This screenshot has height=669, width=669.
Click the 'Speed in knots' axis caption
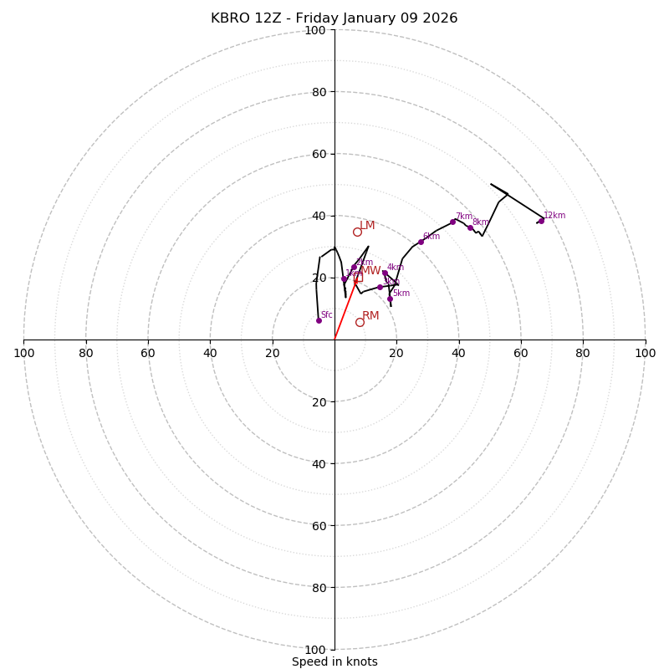tap(334, 661)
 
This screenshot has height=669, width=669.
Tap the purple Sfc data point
tap(319, 320)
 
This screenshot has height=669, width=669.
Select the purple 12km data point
tap(541, 221)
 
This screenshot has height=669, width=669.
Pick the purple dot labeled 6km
tap(421, 242)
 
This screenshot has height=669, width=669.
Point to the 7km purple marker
tap(452, 222)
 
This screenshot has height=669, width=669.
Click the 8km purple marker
tap(470, 227)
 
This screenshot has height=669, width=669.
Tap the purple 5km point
tap(390, 299)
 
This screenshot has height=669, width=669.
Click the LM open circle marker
tap(357, 232)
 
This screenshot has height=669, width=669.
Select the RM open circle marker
tap(360, 322)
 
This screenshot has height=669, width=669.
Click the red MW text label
tap(370, 271)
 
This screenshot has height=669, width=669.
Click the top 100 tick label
tap(315, 30)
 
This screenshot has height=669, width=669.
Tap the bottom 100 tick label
tap(315, 650)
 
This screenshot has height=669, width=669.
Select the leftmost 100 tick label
tap(24, 353)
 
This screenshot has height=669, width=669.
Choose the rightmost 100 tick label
tap(645, 353)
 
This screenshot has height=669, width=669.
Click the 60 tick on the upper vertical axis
tap(318, 154)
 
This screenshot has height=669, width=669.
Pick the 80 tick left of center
tap(86, 353)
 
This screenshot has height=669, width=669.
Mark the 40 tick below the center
tap(318, 464)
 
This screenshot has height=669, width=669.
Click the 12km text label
tap(554, 215)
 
